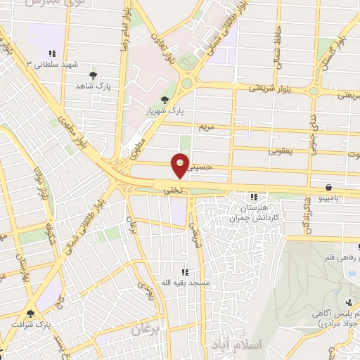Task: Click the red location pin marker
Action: pos(181,165)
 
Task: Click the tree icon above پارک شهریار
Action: pos(165,100)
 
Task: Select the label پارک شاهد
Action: pos(95,85)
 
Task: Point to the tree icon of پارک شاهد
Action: pos(93,75)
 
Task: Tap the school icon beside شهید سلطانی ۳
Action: pos(51,53)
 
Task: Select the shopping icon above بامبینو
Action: pos(329,187)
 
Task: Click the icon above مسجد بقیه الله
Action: pos(184,272)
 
